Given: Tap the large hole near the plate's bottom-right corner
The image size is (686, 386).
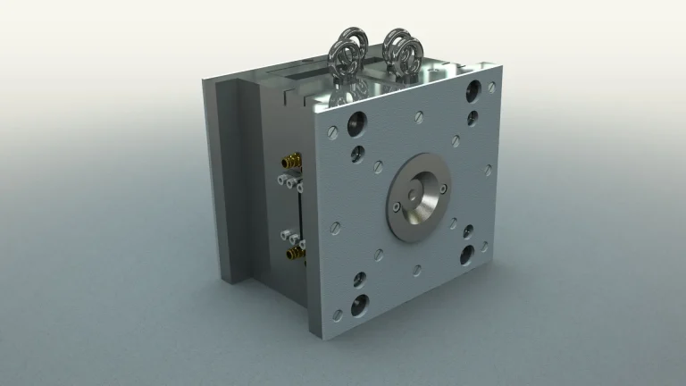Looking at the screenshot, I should [467, 256].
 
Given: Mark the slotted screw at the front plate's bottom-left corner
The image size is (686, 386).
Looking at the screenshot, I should [337, 315].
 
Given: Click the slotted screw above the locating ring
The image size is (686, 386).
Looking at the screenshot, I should [419, 116].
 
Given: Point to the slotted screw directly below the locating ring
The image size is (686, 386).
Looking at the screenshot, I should [417, 268].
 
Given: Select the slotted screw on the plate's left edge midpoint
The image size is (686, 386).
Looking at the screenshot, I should [336, 227].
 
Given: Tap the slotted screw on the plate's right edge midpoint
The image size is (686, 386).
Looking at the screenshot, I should [488, 168].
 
